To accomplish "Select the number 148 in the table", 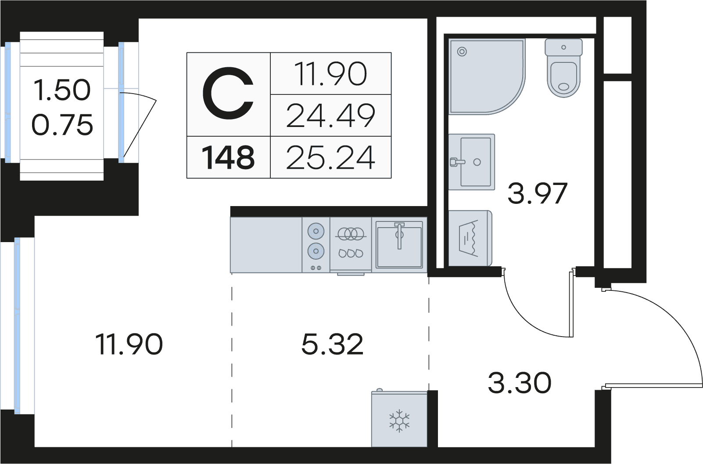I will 228,158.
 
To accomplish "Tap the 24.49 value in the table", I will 330,116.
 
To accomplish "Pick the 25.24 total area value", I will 330,158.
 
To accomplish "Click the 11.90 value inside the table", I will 330,74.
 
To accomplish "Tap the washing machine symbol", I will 469,238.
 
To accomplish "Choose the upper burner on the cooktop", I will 316,231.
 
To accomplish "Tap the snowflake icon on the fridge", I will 399,421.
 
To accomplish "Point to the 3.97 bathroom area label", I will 537,193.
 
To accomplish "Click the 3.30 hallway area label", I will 519,383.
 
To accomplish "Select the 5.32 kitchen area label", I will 332,344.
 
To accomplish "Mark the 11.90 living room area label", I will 129,344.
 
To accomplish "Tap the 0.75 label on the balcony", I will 62,125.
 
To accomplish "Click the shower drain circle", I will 462,52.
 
